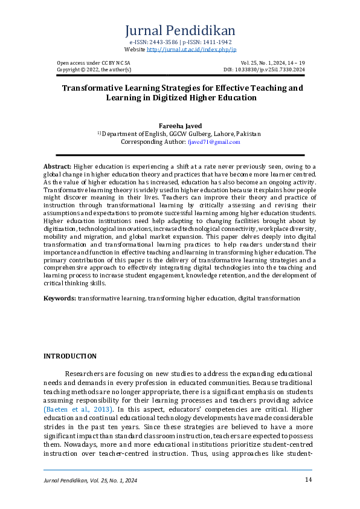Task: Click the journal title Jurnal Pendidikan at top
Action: (179, 31)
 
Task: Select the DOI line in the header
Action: (272, 70)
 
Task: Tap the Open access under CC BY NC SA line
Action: (92, 63)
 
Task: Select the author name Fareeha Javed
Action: (179, 126)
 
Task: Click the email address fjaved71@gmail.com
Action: (214, 142)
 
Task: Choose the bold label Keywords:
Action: (60, 299)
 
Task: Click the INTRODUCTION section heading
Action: (69, 356)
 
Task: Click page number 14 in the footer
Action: (308, 480)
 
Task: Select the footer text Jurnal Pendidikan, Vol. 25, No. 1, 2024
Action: (91, 481)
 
